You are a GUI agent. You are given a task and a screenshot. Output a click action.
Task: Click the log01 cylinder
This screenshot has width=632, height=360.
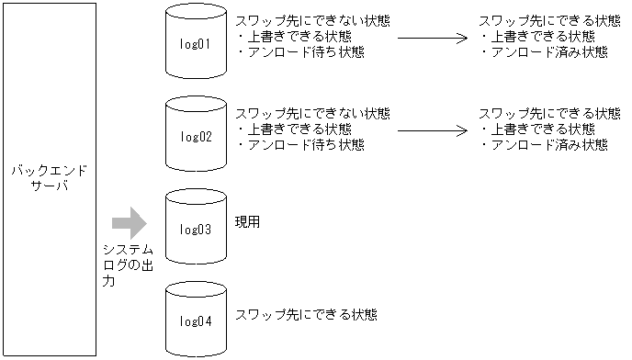(x=196, y=43)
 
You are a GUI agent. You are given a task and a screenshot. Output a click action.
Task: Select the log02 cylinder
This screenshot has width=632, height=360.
(x=196, y=136)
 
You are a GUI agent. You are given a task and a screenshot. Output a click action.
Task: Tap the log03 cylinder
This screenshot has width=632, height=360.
(x=196, y=228)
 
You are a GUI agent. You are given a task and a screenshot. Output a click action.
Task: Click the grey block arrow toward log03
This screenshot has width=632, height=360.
(x=129, y=223)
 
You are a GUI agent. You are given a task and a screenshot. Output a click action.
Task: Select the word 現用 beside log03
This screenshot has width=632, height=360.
(x=248, y=222)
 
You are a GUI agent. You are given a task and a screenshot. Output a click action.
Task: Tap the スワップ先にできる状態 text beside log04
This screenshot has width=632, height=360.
(x=307, y=314)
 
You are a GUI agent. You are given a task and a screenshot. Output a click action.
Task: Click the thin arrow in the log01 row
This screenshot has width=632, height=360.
(x=432, y=39)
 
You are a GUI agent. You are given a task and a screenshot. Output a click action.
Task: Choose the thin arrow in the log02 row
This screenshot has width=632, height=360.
(x=432, y=130)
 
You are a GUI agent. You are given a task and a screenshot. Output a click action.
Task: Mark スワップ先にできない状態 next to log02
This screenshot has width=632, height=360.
(x=312, y=113)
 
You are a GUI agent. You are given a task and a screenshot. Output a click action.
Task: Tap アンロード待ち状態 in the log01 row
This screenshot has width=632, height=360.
(x=300, y=52)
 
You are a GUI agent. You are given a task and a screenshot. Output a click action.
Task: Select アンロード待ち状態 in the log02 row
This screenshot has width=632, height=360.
(x=300, y=144)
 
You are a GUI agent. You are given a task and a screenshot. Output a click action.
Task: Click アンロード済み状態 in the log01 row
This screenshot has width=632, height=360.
(x=544, y=52)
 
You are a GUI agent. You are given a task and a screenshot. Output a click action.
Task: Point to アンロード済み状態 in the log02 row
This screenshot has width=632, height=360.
(x=544, y=145)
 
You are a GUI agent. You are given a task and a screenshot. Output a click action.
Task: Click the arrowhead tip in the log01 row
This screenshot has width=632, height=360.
(x=466, y=39)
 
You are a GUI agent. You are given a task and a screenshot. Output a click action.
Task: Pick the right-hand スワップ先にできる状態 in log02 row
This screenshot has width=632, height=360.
(x=549, y=113)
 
